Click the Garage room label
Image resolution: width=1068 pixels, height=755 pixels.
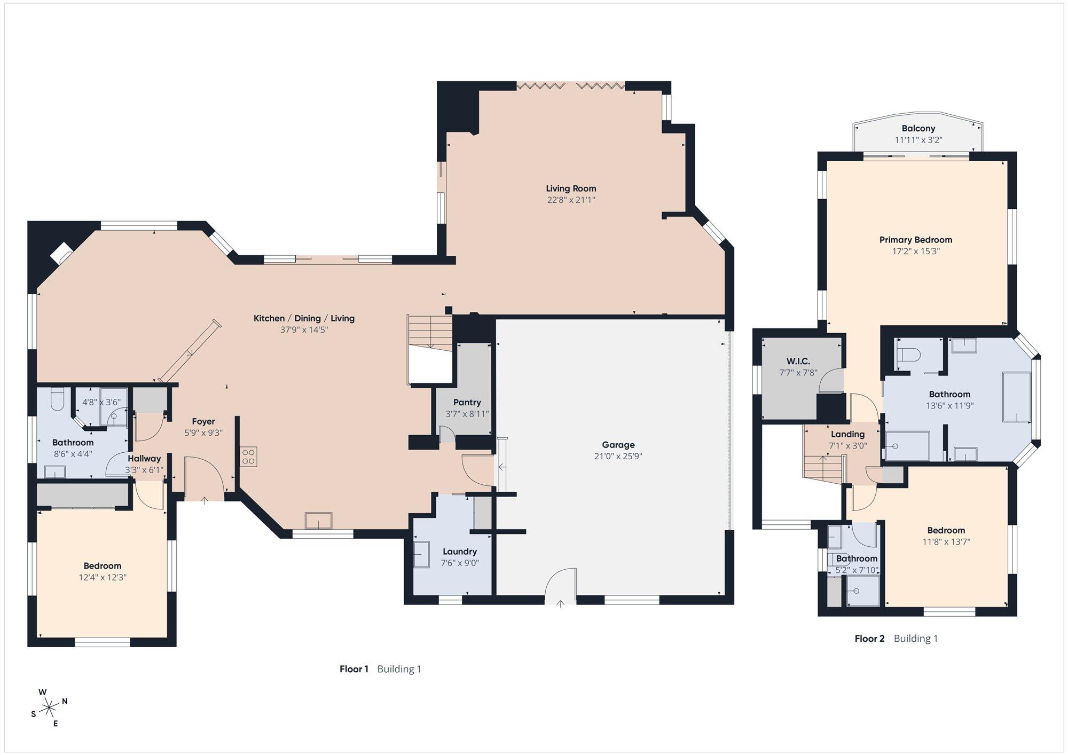pyautogui.click(x=618, y=445)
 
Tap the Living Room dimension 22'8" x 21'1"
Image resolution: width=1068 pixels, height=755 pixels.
pyautogui.click(x=571, y=200)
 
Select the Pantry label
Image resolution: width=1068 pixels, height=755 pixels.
pyautogui.click(x=467, y=403)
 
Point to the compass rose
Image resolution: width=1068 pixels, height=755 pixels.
pyautogui.click(x=50, y=708)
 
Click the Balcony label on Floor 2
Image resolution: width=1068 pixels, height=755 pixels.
pyautogui.click(x=918, y=129)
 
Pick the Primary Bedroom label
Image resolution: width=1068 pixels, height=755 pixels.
pyautogui.click(x=916, y=240)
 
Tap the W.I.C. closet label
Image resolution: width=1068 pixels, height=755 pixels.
pyautogui.click(x=798, y=361)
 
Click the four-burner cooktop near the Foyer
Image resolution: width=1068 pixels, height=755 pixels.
pyautogui.click(x=249, y=457)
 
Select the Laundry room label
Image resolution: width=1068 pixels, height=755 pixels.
pyautogui.click(x=460, y=552)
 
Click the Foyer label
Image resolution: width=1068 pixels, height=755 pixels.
pyautogui.click(x=203, y=422)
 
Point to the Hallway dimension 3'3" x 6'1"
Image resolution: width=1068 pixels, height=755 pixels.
pyautogui.click(x=144, y=470)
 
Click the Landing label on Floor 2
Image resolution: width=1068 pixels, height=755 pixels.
pyautogui.click(x=847, y=435)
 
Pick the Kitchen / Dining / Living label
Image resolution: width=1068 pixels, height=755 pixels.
pyautogui.click(x=304, y=318)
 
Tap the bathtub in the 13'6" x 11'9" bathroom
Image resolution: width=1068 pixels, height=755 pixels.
pyautogui.click(x=1016, y=397)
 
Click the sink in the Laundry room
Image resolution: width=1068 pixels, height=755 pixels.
pyautogui.click(x=422, y=554)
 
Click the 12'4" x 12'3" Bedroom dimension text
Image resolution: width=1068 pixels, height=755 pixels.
pyautogui.click(x=103, y=577)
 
